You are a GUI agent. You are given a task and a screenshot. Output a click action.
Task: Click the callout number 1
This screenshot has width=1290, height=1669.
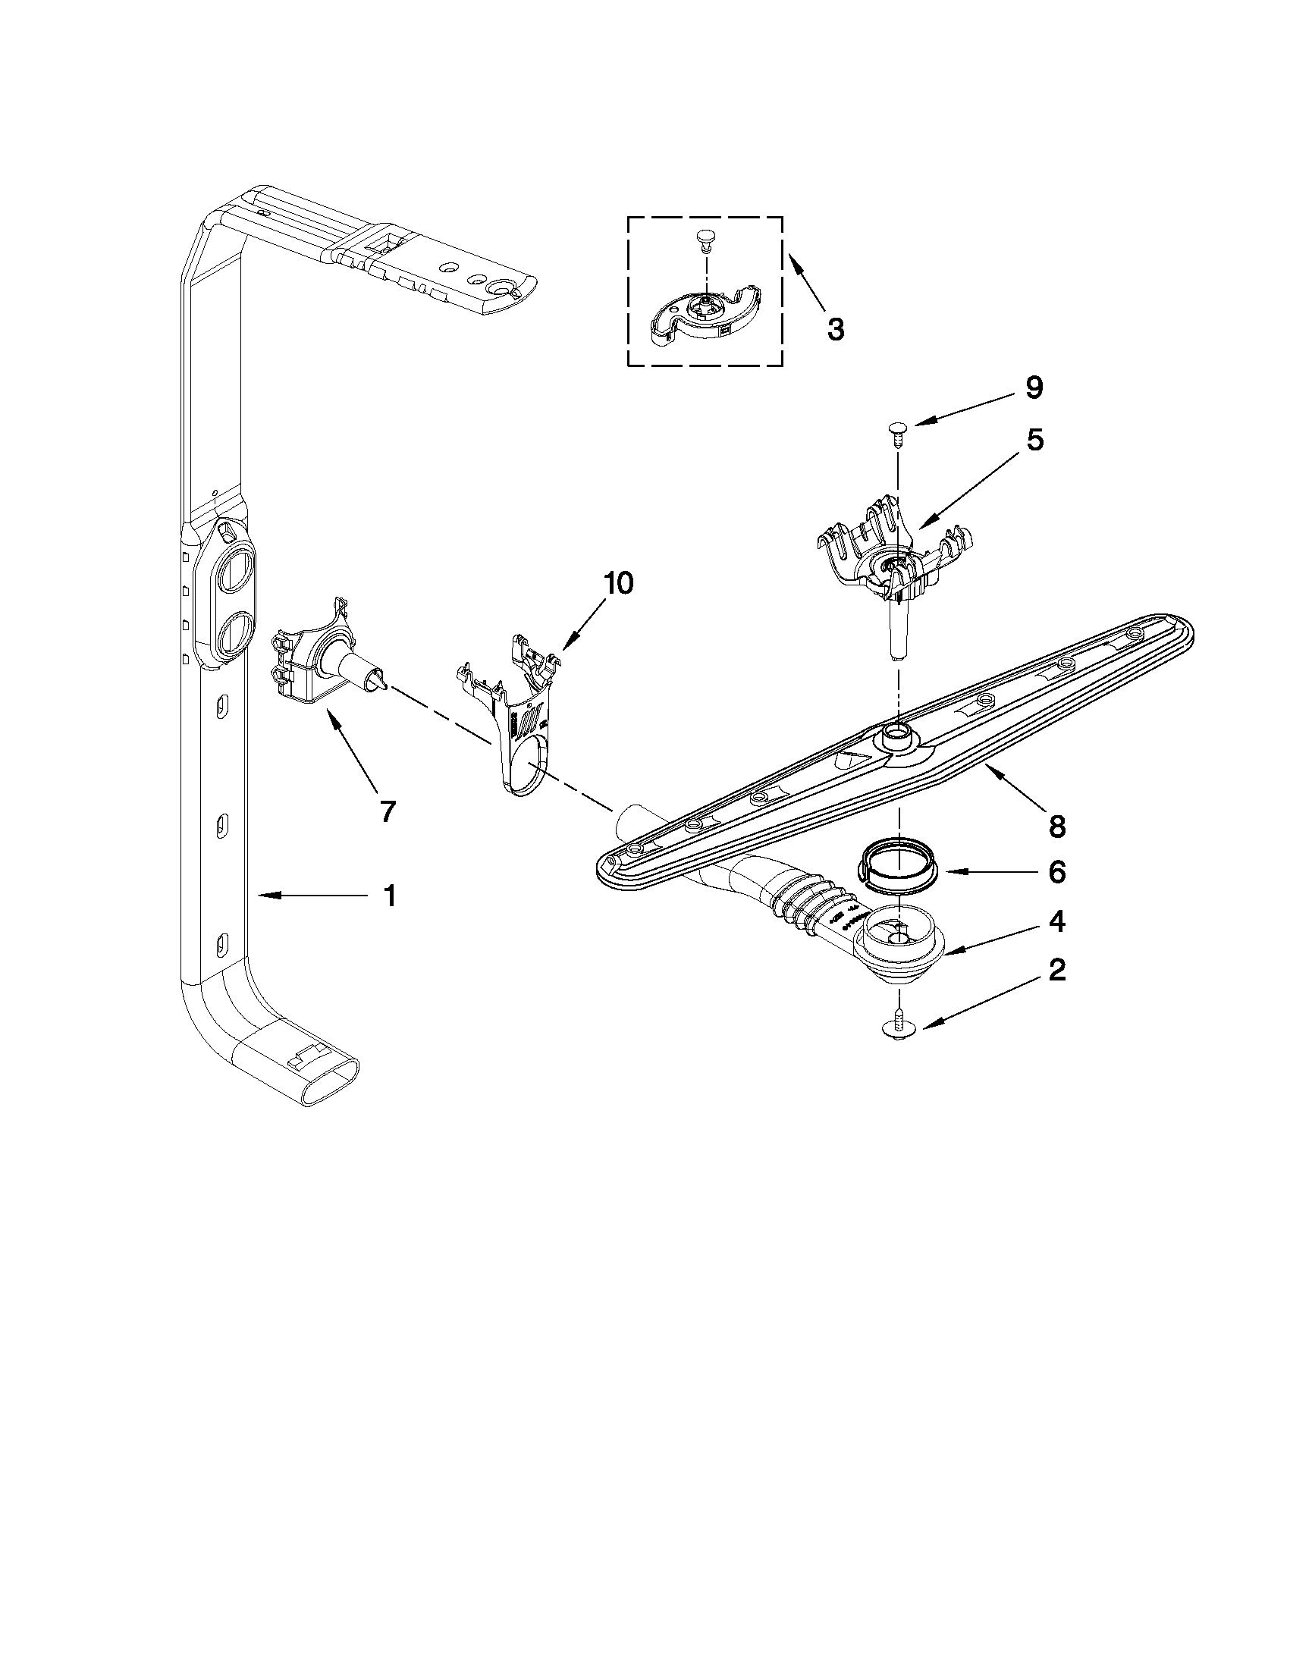click(390, 895)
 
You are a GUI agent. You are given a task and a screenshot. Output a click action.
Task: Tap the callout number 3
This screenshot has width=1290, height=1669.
click(836, 329)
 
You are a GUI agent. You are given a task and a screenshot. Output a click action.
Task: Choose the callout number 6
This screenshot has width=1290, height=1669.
click(1056, 872)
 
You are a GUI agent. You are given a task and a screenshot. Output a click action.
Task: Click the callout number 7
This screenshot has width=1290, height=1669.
click(388, 811)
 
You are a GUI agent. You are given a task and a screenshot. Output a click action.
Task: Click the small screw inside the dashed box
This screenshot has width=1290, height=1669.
click(705, 242)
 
